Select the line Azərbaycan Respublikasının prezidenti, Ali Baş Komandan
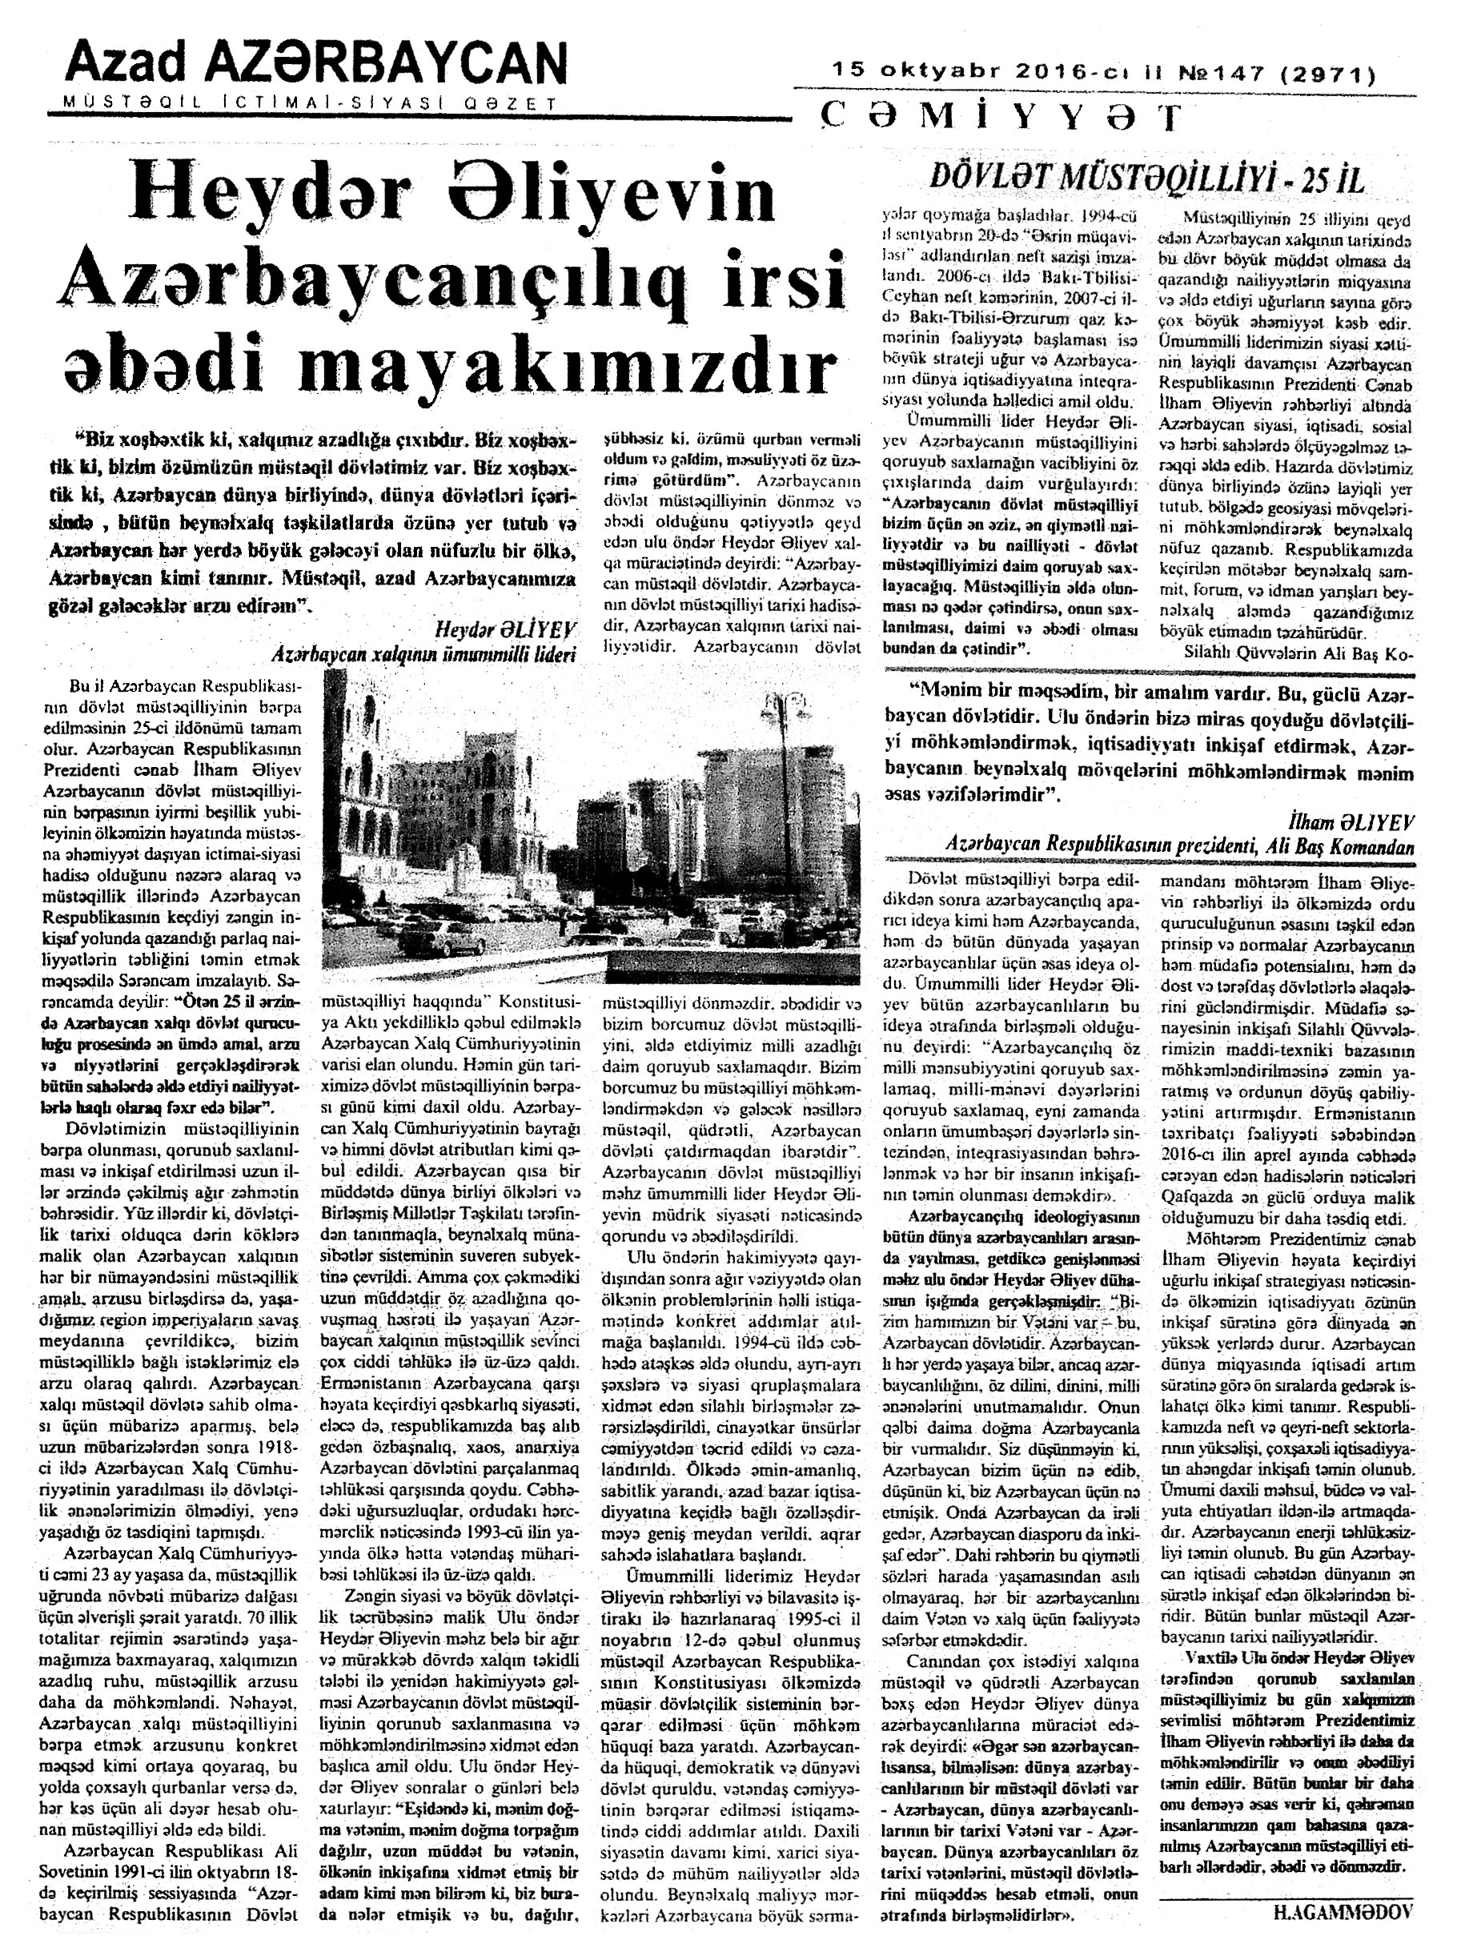tap(1179, 847)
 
